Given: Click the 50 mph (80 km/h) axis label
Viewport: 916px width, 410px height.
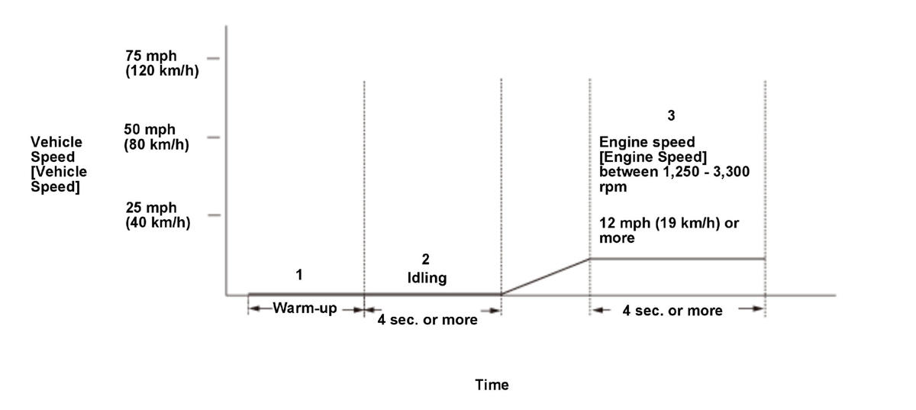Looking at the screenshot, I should (156, 137).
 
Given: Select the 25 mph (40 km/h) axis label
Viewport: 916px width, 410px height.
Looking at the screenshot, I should (157, 215).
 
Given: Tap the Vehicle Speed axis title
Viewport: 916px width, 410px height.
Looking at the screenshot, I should (58, 164).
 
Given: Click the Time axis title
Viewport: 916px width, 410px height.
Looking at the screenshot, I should (492, 385).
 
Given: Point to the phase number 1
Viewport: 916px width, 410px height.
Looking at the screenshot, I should (299, 275).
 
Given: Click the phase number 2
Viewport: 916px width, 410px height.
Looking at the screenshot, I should (426, 260).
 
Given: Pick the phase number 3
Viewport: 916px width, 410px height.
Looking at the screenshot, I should (671, 116).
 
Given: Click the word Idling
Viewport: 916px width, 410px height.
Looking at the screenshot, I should (427, 278).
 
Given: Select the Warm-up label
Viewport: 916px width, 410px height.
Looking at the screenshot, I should (305, 309).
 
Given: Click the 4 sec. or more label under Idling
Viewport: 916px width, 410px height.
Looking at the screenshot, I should (427, 320).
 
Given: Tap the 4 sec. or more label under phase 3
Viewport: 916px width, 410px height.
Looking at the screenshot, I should (672, 310).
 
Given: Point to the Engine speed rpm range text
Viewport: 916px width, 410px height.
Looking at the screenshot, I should (674, 164).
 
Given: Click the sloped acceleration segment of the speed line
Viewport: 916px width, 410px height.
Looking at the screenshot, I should (545, 276).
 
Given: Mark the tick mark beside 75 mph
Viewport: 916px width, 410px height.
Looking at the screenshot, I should (213, 58).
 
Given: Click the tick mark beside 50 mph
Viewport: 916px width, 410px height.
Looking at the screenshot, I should (213, 137).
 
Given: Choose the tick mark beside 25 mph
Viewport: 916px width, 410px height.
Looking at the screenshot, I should (213, 215).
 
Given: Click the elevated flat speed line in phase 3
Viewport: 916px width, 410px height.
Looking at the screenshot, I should (677, 259).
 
